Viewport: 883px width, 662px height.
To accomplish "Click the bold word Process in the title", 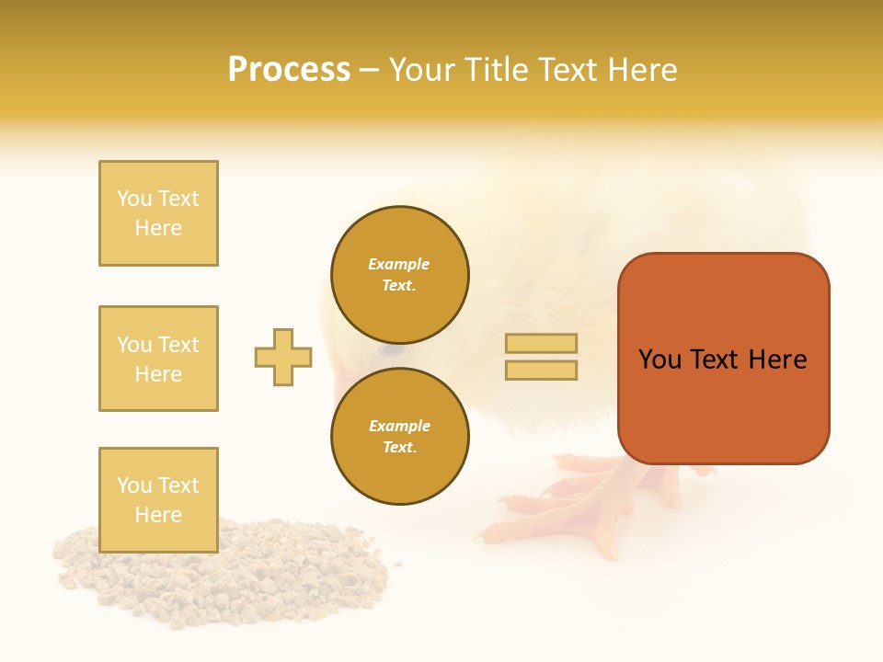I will click(x=289, y=69).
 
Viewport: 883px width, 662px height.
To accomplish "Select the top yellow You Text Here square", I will click(x=158, y=213).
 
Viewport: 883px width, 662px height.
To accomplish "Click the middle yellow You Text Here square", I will click(x=158, y=359).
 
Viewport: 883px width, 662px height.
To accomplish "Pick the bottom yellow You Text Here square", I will click(x=158, y=500).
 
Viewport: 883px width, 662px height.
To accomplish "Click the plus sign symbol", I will click(x=283, y=357).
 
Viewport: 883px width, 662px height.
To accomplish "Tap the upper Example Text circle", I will click(x=399, y=275).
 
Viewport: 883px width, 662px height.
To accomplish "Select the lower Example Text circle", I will click(x=399, y=437).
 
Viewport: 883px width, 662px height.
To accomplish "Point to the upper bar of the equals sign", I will click(x=542, y=343).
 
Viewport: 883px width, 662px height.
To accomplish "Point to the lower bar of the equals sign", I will click(x=542, y=370).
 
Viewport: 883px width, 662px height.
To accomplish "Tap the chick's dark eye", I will click(x=392, y=350).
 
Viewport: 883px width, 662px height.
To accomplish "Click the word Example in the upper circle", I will click(x=399, y=264).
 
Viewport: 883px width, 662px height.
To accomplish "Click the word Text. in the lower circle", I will click(x=399, y=447).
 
